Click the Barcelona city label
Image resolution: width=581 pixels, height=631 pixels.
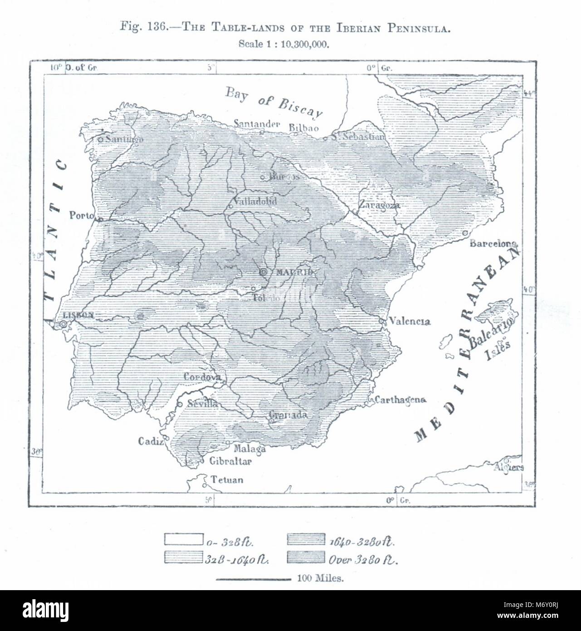(x=493, y=243)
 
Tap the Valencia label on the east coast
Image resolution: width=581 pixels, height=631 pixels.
(x=410, y=321)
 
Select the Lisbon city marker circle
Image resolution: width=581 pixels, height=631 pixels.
(x=63, y=324)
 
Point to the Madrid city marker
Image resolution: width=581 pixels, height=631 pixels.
(x=264, y=272)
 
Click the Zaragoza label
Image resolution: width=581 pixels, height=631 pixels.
(x=379, y=205)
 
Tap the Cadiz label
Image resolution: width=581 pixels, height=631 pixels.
(x=150, y=441)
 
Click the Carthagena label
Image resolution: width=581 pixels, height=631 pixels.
(x=400, y=400)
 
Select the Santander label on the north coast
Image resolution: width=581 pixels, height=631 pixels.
(x=257, y=123)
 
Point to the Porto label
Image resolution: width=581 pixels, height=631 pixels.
(x=82, y=215)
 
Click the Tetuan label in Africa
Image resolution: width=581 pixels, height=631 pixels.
(x=227, y=480)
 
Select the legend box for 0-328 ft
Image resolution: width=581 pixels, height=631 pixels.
(x=183, y=539)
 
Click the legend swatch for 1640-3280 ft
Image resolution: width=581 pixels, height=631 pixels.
(x=306, y=539)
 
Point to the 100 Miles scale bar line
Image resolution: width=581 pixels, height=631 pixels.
(x=254, y=579)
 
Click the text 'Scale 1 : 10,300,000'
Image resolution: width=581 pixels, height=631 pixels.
(x=283, y=44)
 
